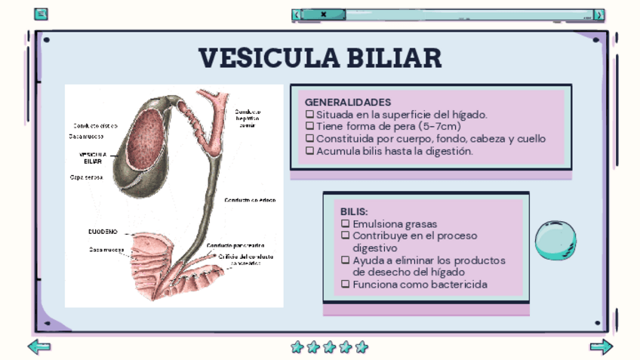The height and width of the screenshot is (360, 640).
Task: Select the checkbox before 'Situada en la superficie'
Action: (x=309, y=115)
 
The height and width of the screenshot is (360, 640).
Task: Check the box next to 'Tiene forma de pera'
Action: (x=309, y=127)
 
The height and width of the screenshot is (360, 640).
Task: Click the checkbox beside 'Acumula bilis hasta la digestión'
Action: (x=309, y=151)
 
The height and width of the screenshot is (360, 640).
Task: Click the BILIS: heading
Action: (x=354, y=212)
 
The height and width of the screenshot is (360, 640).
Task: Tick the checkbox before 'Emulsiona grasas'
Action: (x=346, y=224)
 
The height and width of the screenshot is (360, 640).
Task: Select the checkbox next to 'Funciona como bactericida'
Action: (x=346, y=285)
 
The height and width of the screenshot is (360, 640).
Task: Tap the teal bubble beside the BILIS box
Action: (x=555, y=241)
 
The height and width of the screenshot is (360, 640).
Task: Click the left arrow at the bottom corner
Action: (x=39, y=347)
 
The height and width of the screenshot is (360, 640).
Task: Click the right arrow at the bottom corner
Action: (x=601, y=347)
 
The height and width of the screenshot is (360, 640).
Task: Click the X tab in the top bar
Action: (x=323, y=14)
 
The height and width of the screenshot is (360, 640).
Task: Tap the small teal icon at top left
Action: (x=42, y=14)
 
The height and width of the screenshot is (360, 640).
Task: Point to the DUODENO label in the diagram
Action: (x=103, y=231)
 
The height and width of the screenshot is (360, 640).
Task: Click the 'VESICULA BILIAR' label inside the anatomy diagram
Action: (x=93, y=158)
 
